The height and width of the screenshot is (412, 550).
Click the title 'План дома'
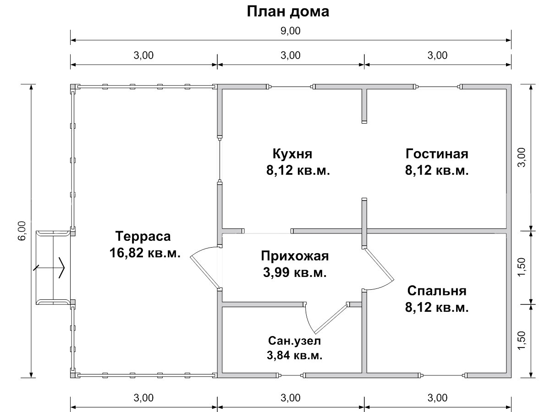tap(288, 12)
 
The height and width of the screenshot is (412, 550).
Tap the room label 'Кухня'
tap(292, 154)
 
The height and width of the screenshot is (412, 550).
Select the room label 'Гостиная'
tap(437, 154)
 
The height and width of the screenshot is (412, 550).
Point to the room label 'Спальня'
tap(437, 291)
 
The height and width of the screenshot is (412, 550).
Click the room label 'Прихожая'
tap(295, 256)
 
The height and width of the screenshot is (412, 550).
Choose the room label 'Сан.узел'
tap(294, 341)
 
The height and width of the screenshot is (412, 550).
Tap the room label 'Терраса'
tap(143, 236)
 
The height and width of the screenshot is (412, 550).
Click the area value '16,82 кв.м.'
tap(145, 253)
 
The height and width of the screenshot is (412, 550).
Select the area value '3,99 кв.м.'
tap(295, 272)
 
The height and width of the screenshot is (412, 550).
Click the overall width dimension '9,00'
tap(291, 31)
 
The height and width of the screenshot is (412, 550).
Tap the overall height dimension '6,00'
tap(22, 231)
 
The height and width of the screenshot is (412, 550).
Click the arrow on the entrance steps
tap(49, 267)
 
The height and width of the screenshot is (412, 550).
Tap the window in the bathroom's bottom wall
tap(291, 375)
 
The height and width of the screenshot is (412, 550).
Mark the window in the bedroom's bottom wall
tap(444, 375)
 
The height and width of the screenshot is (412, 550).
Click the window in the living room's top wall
tap(439, 87)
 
